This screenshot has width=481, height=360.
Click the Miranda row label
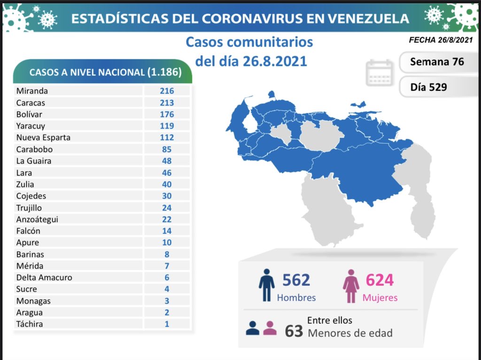click(32, 91)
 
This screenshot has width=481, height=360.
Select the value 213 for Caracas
click(166, 102)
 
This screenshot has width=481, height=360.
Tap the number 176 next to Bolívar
click(166, 114)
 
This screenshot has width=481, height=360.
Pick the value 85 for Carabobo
click(166, 149)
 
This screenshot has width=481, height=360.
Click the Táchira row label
click(29, 324)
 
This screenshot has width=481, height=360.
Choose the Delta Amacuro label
click(44, 277)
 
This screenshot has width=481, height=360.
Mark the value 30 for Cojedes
click(166, 196)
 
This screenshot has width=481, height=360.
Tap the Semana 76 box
click(437, 62)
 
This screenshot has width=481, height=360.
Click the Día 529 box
click(428, 87)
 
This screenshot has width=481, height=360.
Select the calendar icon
click(380, 73)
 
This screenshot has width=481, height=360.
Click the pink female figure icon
click(351, 285)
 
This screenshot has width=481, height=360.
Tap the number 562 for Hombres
click(296, 280)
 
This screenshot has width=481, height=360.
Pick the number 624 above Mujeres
click(380, 280)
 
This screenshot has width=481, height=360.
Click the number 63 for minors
click(294, 331)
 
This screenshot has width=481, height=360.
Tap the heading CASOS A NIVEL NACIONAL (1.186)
click(104, 72)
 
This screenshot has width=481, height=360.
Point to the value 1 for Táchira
click(166, 324)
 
